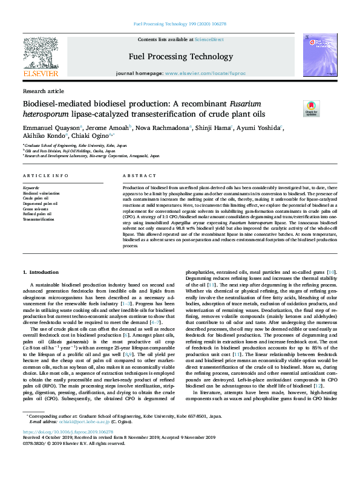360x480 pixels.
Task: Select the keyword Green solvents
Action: [x=36, y=207]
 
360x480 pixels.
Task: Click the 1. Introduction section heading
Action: [x=41, y=273]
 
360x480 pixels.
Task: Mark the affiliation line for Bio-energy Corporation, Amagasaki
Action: [x=92, y=155]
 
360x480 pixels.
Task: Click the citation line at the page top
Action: [x=180, y=24]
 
